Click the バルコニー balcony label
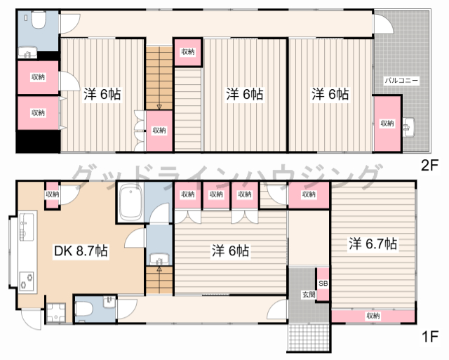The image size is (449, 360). [x=401, y=81]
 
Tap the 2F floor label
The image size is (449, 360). [x=429, y=166]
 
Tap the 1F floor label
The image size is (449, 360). [x=430, y=337]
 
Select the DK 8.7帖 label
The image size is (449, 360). [x=81, y=251]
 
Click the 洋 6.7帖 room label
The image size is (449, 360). [x=373, y=244]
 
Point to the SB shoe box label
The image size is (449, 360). [x=323, y=284]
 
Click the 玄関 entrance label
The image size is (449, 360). [x=309, y=294]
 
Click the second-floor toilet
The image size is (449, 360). [x=39, y=20]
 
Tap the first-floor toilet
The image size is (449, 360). [x=84, y=309]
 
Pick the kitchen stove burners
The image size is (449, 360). [x=27, y=281]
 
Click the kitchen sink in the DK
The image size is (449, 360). [x=27, y=227]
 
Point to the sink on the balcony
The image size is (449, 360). [x=408, y=126]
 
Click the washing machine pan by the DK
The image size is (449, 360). [x=56, y=312]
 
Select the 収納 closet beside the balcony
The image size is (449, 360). [x=387, y=124]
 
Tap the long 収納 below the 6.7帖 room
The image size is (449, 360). [x=373, y=316]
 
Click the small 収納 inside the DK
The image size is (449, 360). [x=53, y=194]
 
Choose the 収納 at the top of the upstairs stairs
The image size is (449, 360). [x=188, y=52]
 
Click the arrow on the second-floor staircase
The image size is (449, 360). [x=159, y=107]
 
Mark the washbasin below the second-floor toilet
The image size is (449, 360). [x=27, y=53]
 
